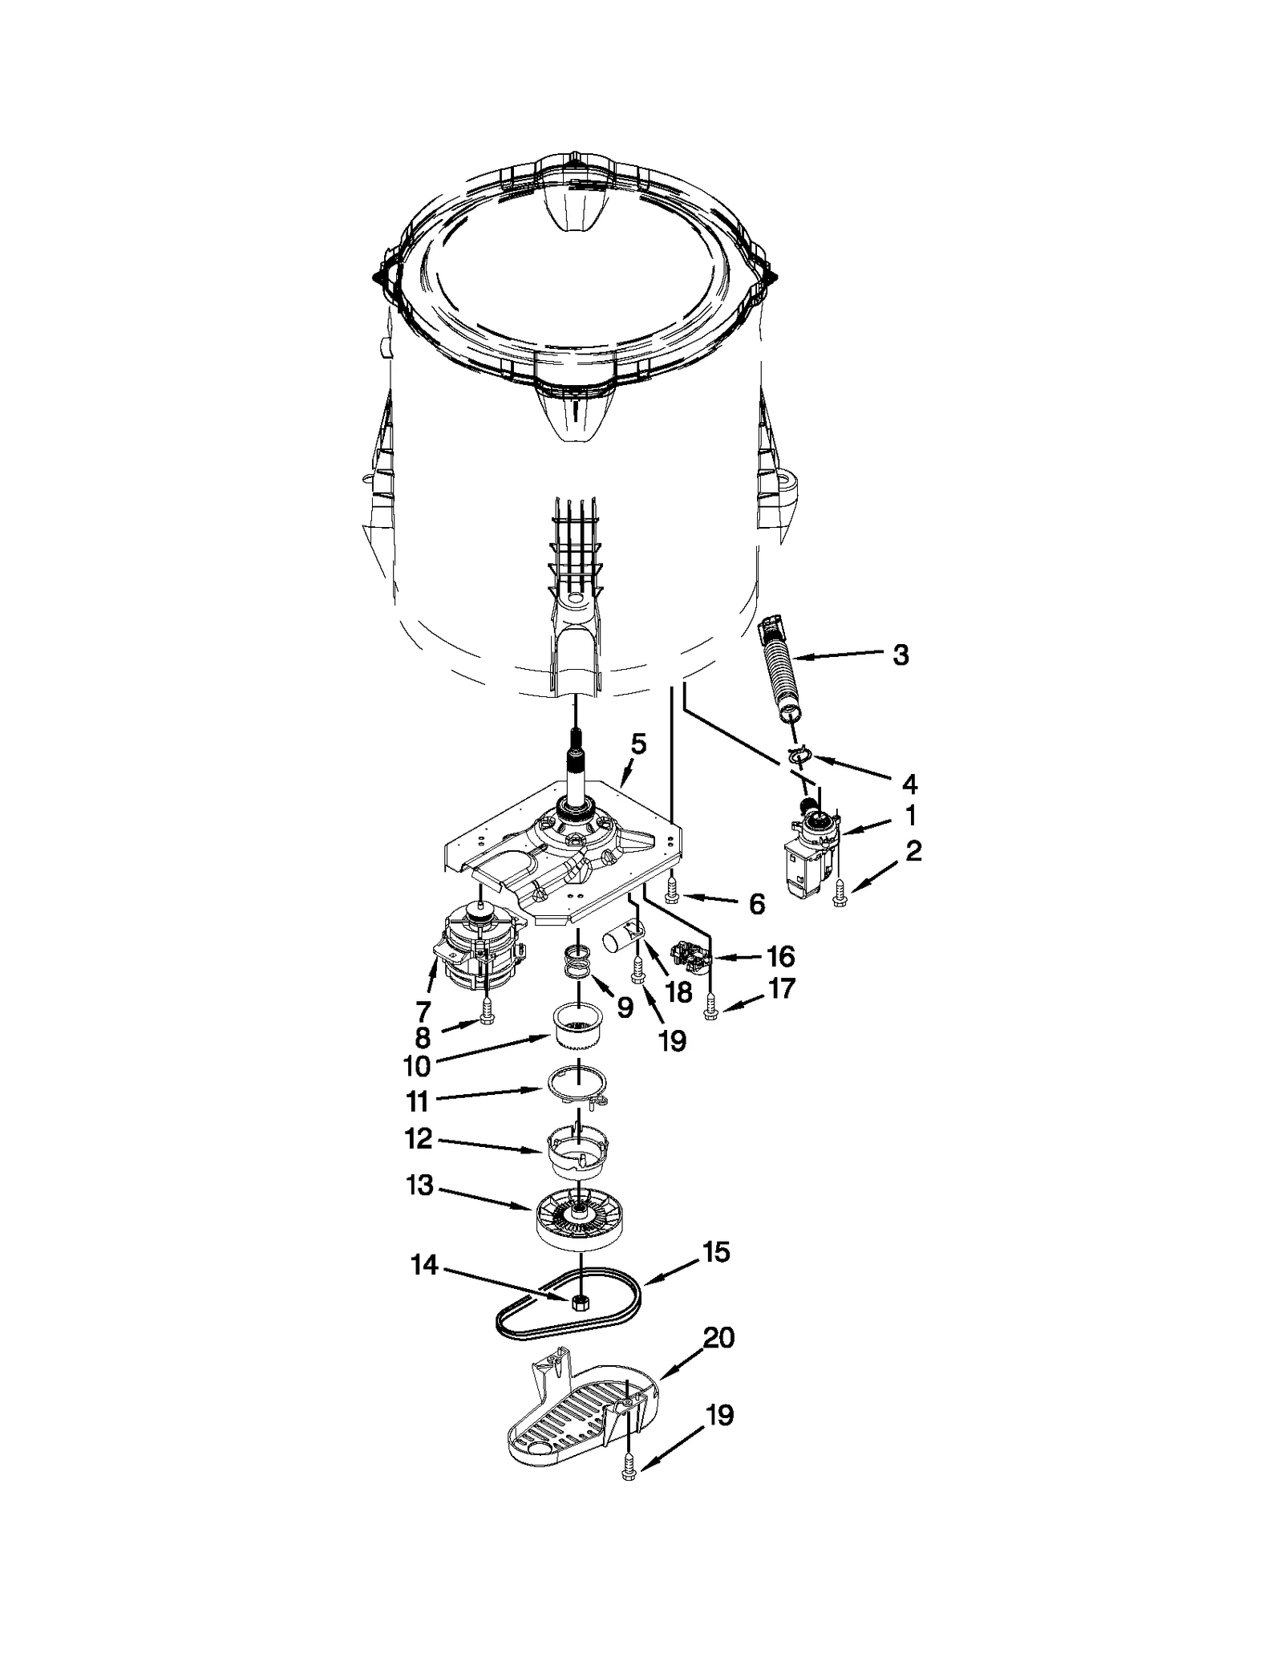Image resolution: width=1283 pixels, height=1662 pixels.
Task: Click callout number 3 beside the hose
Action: pyautogui.click(x=901, y=655)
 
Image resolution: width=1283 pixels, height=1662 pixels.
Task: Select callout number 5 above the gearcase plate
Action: pyautogui.click(x=638, y=744)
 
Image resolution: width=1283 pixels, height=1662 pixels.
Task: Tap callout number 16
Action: pyautogui.click(x=780, y=956)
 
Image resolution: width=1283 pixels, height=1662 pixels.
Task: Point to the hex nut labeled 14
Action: pyautogui.click(x=578, y=1301)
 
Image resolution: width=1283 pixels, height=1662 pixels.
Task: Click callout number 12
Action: pyautogui.click(x=419, y=1138)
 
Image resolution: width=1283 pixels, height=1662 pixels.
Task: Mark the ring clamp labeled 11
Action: pyautogui.click(x=579, y=1085)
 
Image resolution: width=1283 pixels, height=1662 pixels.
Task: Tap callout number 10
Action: pyautogui.click(x=418, y=1065)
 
